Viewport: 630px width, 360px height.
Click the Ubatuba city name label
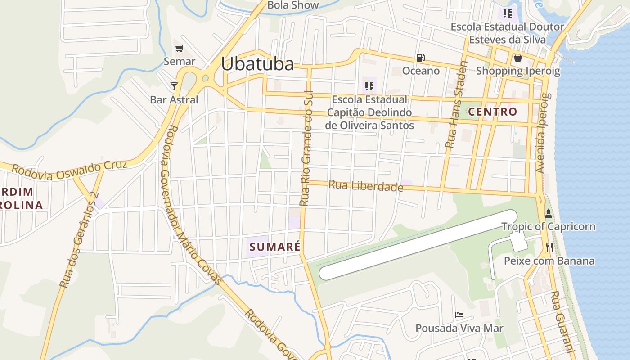(257, 64)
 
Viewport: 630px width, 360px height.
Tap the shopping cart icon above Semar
(180, 48)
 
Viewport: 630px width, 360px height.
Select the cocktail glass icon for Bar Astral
(174, 86)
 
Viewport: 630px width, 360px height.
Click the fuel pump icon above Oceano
(420, 58)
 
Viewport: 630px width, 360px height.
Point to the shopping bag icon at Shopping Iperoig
(518, 58)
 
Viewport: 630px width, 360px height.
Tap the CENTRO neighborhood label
(493, 112)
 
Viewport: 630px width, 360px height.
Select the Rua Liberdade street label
(365, 186)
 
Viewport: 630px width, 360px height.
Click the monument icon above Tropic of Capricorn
(548, 213)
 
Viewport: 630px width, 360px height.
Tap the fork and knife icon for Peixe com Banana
(549, 247)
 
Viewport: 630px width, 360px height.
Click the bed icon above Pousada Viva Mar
(459, 315)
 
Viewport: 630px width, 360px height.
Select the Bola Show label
(293, 5)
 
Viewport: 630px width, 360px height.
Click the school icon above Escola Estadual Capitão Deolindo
(369, 86)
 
